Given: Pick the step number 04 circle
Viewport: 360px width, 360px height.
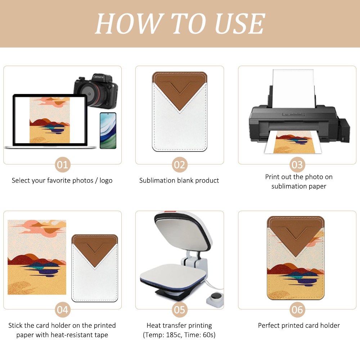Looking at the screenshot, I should pyautogui.click(x=63, y=310).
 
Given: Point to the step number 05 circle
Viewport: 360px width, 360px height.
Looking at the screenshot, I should pyautogui.click(x=179, y=310).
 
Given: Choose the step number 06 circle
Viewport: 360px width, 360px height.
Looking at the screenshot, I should pyautogui.click(x=297, y=310).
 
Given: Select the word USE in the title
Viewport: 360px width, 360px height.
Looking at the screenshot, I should pyautogui.click(x=240, y=24).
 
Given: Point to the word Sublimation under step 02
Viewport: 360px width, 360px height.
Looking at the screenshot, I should pyautogui.click(x=157, y=180).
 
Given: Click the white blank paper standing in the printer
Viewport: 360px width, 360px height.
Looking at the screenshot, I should pyautogui.click(x=293, y=88).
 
